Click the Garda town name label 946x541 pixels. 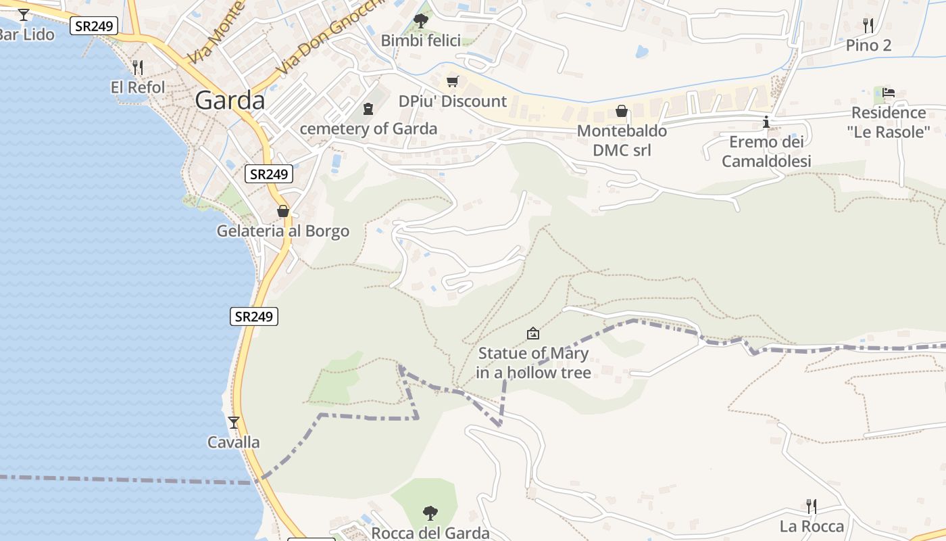pyautogui.click(x=230, y=101)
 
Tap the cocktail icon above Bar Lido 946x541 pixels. pyautogui.click(x=24, y=14)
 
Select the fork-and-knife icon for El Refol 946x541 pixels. pyautogui.click(x=137, y=67)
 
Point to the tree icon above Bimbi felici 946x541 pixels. pyautogui.click(x=420, y=20)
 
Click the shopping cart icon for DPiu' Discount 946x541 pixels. pyautogui.click(x=452, y=81)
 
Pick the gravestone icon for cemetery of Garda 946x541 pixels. pyautogui.click(x=368, y=108)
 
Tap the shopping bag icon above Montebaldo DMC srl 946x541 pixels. pyautogui.click(x=621, y=111)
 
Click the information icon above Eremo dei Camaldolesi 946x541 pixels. pyautogui.click(x=766, y=122)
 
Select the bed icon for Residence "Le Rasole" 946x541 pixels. pyautogui.click(x=889, y=93)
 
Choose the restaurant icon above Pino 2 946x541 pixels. pyautogui.click(x=868, y=26)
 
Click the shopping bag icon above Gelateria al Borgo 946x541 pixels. pyautogui.click(x=282, y=211)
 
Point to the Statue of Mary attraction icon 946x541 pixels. pyautogui.click(x=533, y=333)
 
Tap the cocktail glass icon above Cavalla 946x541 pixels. pyautogui.click(x=234, y=423)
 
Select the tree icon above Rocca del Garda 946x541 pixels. pyautogui.click(x=430, y=513)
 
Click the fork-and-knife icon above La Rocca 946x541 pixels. pyautogui.click(x=812, y=506)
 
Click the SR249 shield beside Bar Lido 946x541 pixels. pyautogui.click(x=94, y=26)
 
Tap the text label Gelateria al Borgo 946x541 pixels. pyautogui.click(x=282, y=231)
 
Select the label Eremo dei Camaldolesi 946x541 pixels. pyautogui.click(x=766, y=151)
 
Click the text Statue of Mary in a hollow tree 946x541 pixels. pyautogui.click(x=533, y=362)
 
